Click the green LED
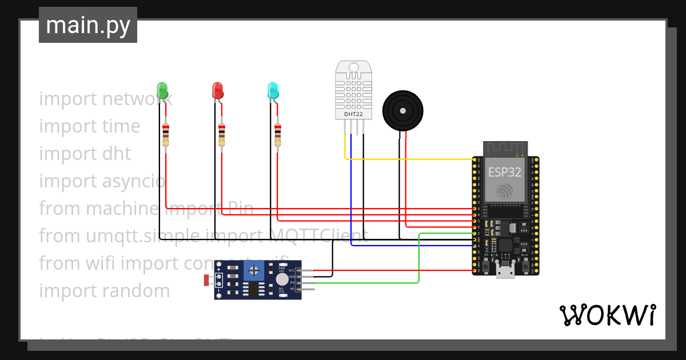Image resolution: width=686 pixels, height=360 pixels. click(x=162, y=90)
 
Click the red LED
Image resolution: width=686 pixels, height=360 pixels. click(x=218, y=90)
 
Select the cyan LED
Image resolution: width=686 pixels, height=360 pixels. click(x=273, y=90)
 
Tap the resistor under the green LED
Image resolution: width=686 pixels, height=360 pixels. click(x=166, y=135)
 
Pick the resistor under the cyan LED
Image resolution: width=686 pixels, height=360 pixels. click(x=278, y=135)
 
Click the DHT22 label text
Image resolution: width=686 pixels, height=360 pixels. click(x=353, y=114)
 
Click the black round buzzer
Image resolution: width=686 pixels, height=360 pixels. click(x=403, y=111)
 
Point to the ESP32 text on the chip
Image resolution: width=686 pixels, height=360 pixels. click(x=504, y=172)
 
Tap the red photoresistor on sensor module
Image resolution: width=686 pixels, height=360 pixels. click(x=208, y=279)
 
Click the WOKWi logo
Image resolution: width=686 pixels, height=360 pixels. click(x=607, y=315)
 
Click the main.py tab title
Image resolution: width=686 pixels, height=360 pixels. click(x=88, y=25)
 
